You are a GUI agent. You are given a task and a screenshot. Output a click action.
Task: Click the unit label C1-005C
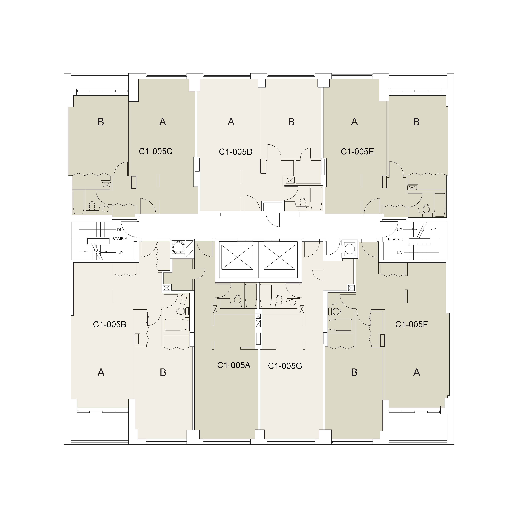(x=156, y=151)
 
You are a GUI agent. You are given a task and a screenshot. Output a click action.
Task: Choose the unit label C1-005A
(x=234, y=365)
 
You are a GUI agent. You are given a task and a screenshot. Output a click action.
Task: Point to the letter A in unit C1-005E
(x=354, y=122)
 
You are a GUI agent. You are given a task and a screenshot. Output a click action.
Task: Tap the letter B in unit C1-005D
(x=291, y=122)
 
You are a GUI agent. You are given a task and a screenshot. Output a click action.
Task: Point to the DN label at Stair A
(x=120, y=230)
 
